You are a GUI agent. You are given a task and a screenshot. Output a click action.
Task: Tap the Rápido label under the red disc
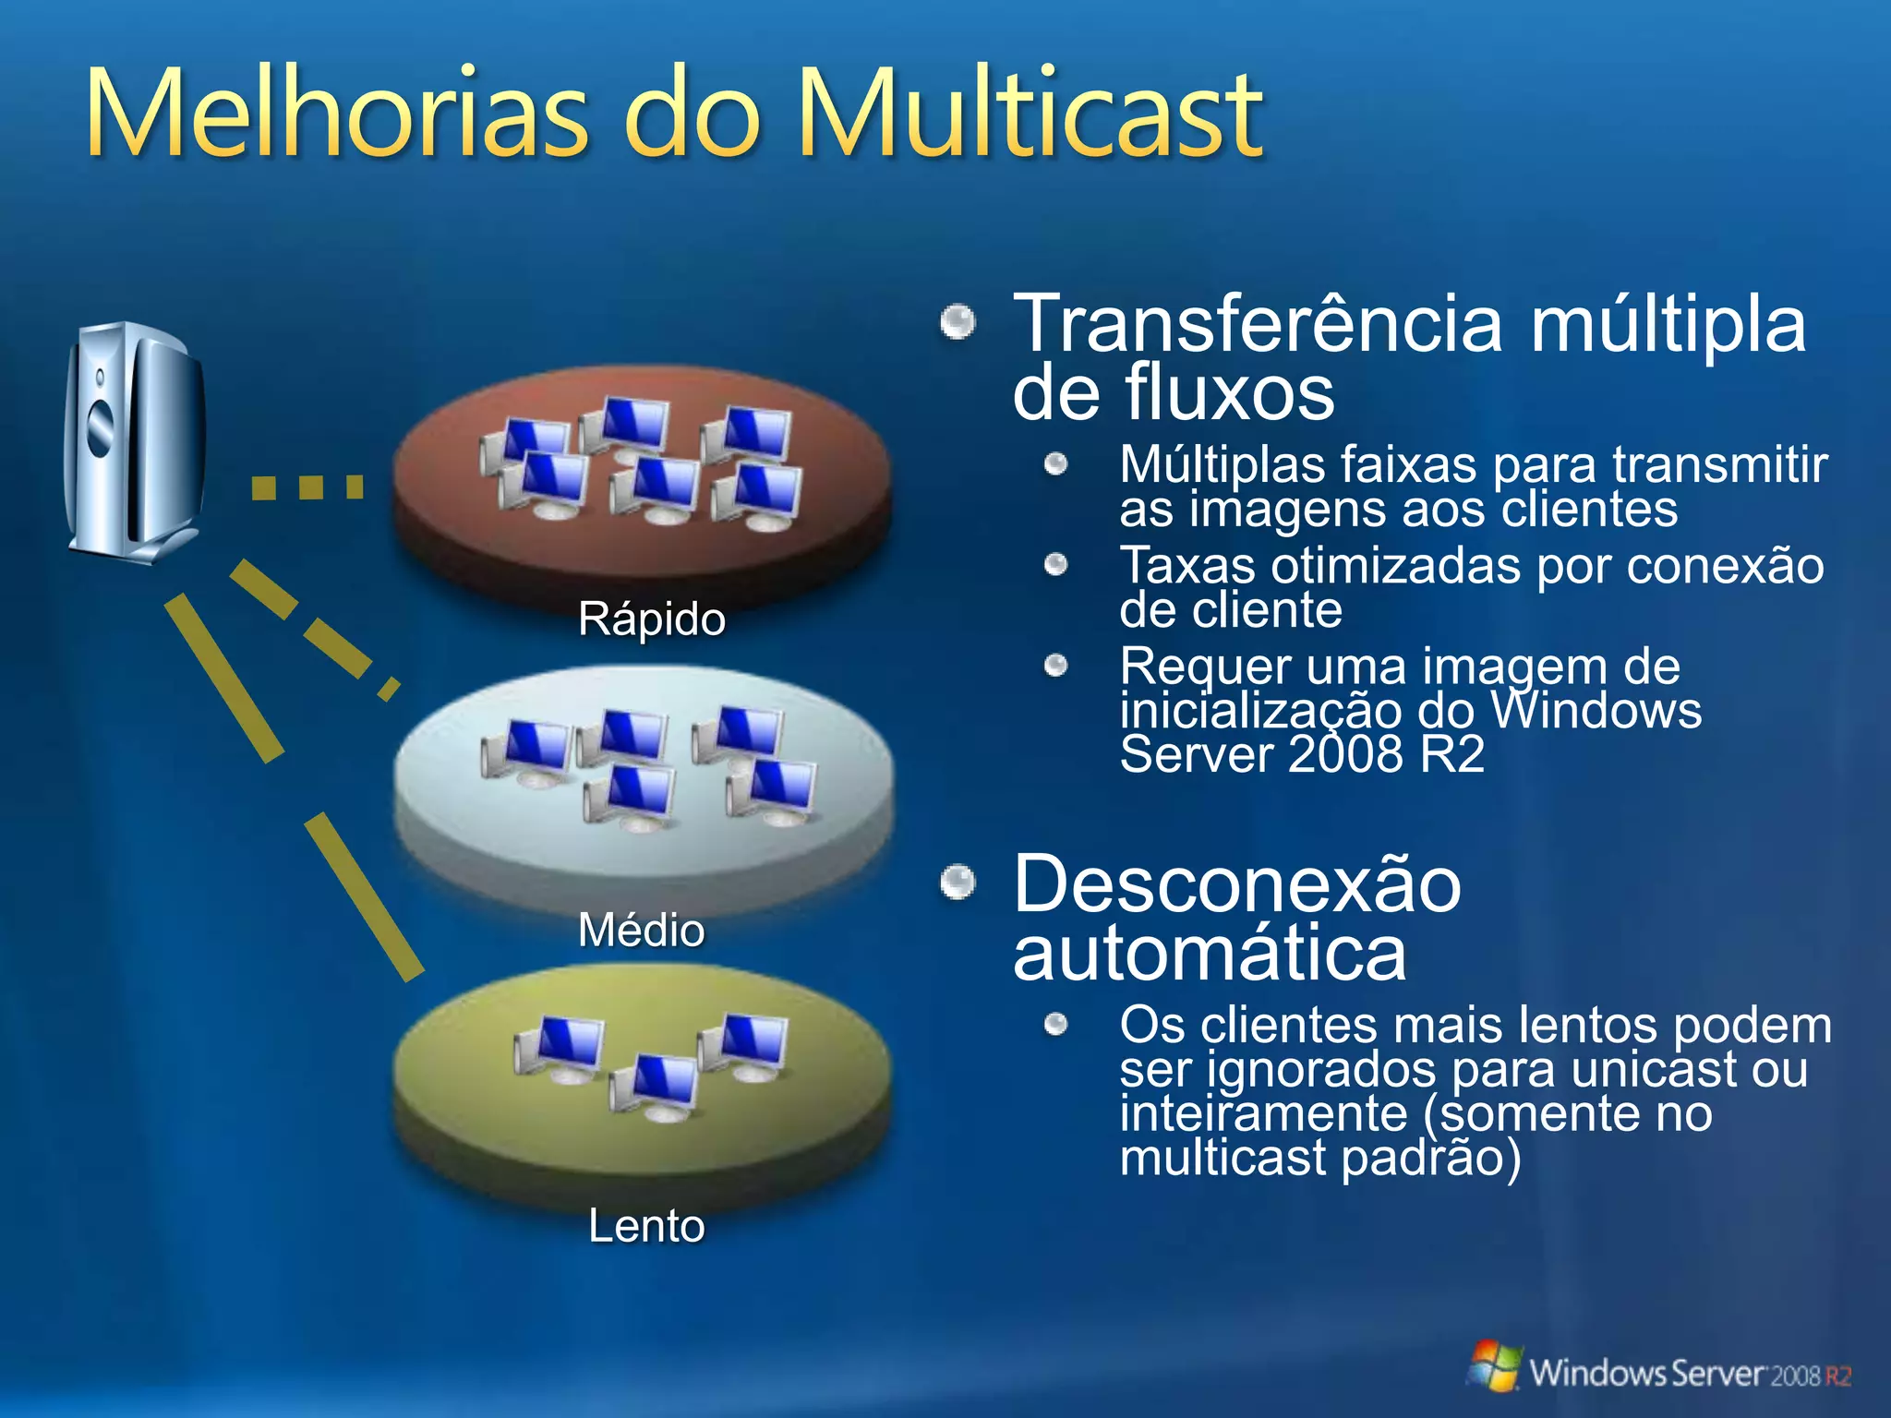(651, 619)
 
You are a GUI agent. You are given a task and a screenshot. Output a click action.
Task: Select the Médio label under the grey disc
(641, 929)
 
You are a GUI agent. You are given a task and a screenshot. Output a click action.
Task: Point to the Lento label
(646, 1226)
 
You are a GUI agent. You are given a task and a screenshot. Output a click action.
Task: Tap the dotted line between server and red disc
(307, 487)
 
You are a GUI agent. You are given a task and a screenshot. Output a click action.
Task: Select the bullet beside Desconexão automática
(958, 883)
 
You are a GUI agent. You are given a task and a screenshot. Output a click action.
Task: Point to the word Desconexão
(1237, 884)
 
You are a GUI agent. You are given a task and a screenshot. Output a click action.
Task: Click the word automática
(1210, 954)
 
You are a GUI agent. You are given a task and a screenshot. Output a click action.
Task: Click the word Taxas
(1186, 565)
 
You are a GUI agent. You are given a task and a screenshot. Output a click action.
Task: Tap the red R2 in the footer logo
(1837, 1376)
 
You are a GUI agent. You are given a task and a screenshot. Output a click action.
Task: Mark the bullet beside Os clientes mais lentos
(1056, 1024)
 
